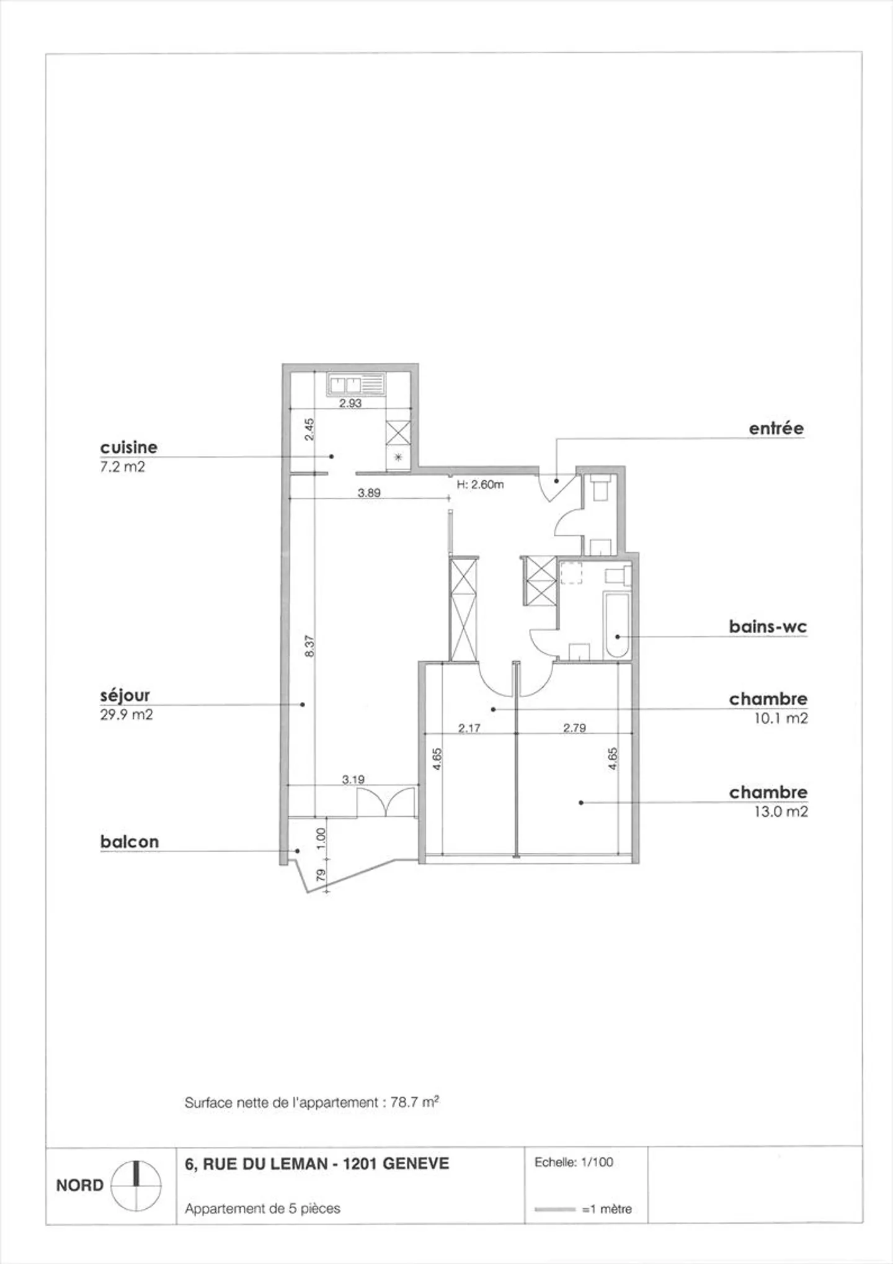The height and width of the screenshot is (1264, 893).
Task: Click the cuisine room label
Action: tap(128, 447)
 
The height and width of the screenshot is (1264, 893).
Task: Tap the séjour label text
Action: tap(125, 695)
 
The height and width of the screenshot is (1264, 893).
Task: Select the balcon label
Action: tap(129, 842)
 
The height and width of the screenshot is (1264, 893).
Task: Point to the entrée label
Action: tap(776, 428)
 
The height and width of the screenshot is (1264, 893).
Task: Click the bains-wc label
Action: tap(768, 626)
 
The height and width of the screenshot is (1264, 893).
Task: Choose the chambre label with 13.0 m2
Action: tap(768, 792)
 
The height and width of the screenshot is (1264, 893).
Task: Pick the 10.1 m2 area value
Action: tap(780, 718)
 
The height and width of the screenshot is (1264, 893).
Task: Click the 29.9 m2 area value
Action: tap(126, 714)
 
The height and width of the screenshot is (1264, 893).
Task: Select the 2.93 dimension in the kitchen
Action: tap(350, 403)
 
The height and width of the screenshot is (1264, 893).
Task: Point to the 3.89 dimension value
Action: tap(369, 493)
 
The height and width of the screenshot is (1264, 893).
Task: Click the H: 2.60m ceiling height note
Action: tap(480, 484)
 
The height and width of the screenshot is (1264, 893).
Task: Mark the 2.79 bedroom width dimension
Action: tap(574, 728)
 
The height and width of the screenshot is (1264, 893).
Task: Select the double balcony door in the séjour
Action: tap(385, 803)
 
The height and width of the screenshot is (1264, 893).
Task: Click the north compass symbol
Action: tap(136, 1185)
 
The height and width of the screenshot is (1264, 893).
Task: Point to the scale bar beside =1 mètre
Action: tap(555, 1209)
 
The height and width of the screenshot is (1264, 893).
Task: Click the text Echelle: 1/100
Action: tap(574, 1162)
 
